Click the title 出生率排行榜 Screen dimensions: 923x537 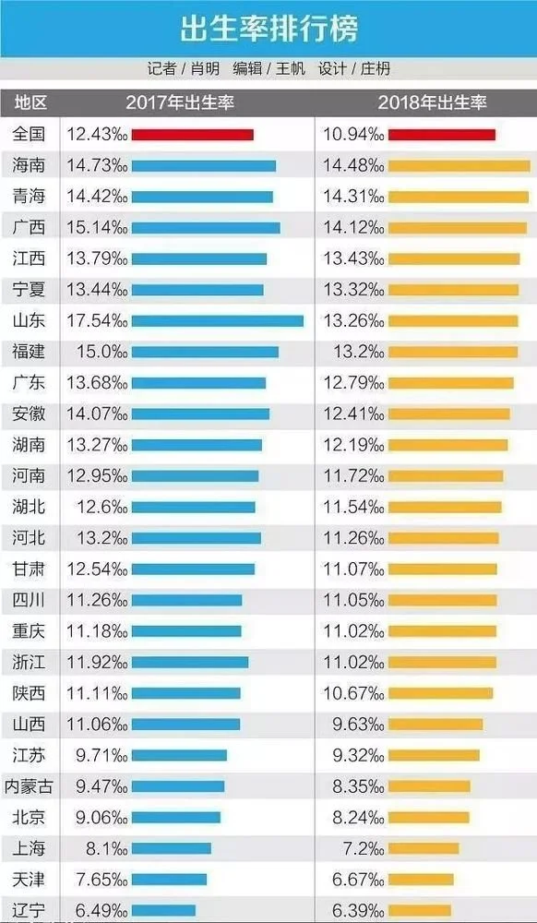pos(268,29)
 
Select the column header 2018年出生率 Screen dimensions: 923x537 pos(433,102)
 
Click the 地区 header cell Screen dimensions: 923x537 pos(30,102)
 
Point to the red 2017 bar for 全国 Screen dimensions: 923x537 pos(192,135)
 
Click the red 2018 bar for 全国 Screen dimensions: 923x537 pos(441,135)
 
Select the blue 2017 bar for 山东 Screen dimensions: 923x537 pos(217,321)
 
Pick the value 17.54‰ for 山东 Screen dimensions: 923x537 pos(96,321)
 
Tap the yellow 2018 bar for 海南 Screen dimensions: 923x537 pos(459,166)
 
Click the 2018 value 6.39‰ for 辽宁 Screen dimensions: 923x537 pos(352,910)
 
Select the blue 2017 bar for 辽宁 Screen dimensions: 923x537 pos(163,910)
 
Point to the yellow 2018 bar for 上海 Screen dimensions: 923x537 pos(424,848)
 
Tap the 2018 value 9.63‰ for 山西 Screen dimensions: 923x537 pos(352,725)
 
